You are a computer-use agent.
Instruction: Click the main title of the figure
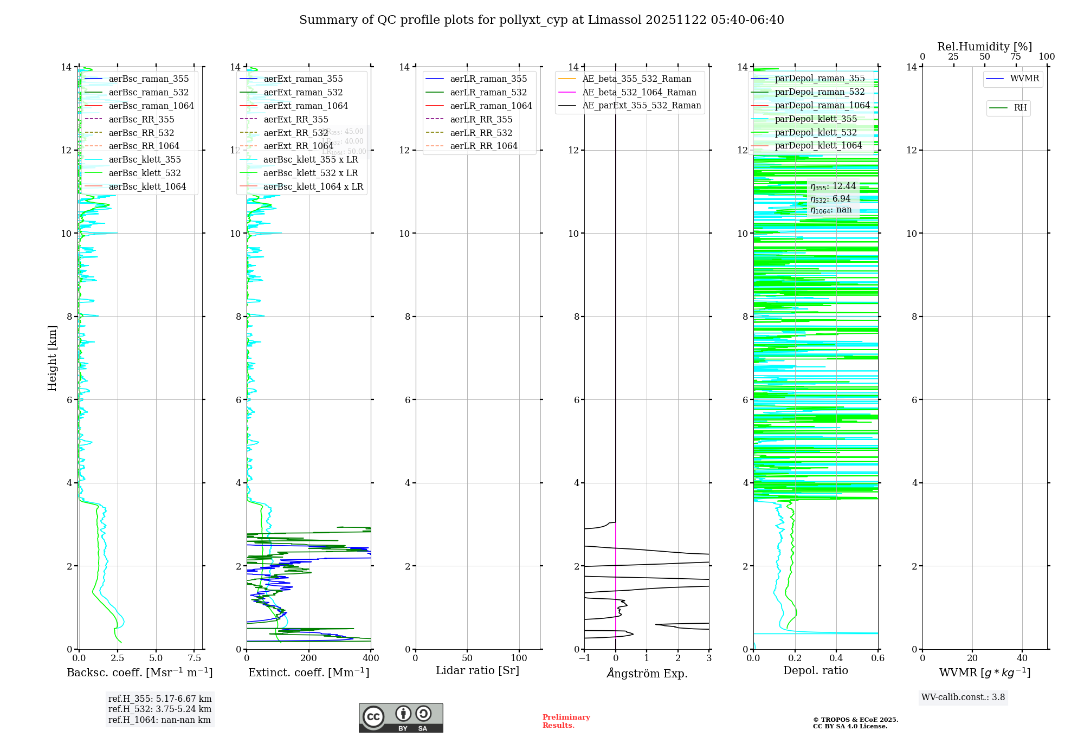541,20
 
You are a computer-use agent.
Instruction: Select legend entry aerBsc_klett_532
145,173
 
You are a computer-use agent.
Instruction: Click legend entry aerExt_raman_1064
306,106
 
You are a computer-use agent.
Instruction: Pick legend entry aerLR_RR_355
481,119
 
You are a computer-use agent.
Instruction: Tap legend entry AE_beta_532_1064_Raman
639,92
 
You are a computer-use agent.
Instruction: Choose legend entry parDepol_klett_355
816,119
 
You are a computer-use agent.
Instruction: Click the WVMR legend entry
1024,79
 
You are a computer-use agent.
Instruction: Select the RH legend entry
1020,108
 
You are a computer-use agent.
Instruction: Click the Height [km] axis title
52,358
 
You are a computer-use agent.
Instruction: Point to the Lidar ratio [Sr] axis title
478,670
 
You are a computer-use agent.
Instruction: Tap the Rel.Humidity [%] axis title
984,47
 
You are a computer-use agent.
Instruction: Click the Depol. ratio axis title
815,670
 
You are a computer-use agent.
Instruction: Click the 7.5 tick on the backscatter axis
195,658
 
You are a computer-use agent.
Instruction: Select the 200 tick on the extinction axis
309,658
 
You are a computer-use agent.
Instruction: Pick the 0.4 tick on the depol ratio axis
836,658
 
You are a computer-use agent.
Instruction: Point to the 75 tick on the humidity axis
1016,57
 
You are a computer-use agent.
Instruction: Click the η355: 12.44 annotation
833,186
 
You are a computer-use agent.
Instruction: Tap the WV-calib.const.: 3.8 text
963,697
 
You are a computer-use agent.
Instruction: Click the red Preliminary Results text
566,721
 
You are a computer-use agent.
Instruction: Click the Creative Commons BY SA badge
401,717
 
